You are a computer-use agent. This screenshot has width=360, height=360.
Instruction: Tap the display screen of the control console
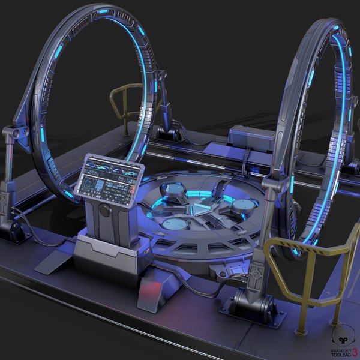click(110, 177)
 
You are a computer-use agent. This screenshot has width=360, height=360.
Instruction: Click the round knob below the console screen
click(105, 211)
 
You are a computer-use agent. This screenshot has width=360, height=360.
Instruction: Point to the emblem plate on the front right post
click(257, 274)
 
